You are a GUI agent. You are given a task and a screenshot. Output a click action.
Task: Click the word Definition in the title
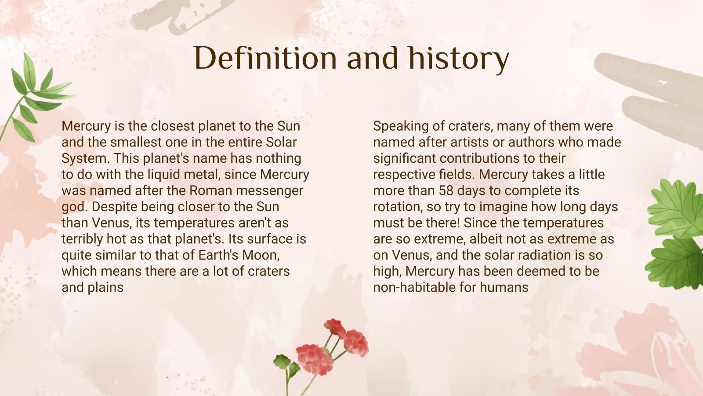[265, 59]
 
